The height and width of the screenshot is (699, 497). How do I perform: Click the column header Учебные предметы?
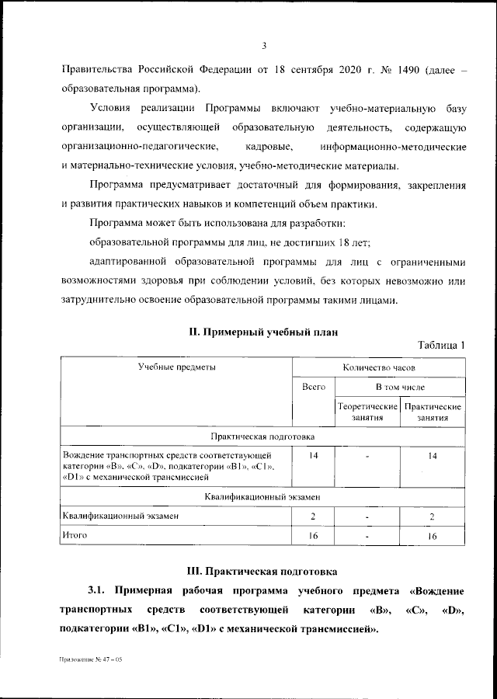(177, 365)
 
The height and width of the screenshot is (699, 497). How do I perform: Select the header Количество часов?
(378, 365)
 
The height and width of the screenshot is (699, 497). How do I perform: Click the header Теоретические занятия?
(367, 412)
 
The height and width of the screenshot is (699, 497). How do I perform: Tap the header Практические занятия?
(433, 412)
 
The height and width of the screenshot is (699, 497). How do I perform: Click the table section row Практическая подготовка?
(264, 437)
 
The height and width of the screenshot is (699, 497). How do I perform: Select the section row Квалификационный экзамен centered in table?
(264, 496)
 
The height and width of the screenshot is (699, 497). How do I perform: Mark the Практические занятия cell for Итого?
(433, 536)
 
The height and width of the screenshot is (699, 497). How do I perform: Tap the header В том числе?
(400, 386)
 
